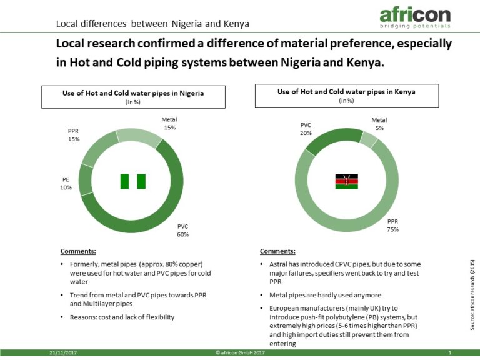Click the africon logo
pyautogui.click(x=415, y=18)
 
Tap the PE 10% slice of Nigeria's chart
pyautogui.click(x=86, y=181)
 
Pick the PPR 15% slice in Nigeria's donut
pyautogui.click(x=98, y=149)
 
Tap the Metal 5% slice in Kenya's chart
pyautogui.click(x=369, y=139)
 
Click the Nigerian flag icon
pyautogui.click(x=133, y=181)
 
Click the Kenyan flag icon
pyautogui.click(x=346, y=181)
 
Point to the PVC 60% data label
pyautogui.click(x=182, y=231)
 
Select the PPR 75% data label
pyautogui.click(x=392, y=225)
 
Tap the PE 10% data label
pyautogui.click(x=66, y=183)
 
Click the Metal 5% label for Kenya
pyautogui.click(x=379, y=124)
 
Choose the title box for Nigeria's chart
pyautogui.click(x=134, y=97)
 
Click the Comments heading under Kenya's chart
pyautogui.click(x=277, y=251)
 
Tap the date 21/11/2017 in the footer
pyautogui.click(x=63, y=352)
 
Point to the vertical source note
pyautogui.click(x=472, y=295)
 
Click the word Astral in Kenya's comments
pyautogui.click(x=278, y=264)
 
